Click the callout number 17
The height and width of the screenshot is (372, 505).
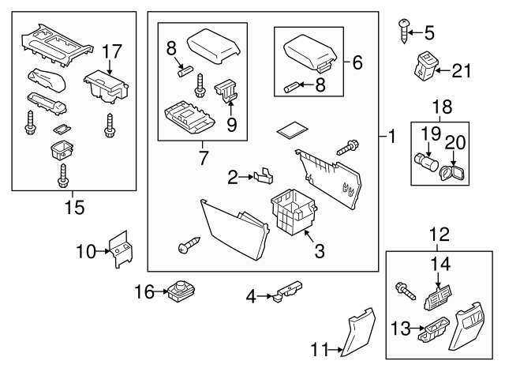(110, 52)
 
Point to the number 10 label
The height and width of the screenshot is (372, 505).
(86, 252)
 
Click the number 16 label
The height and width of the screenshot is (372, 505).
(143, 292)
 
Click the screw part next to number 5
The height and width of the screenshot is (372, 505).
(403, 32)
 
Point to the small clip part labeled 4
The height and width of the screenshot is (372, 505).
(287, 292)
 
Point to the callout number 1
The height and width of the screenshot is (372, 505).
(390, 137)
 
